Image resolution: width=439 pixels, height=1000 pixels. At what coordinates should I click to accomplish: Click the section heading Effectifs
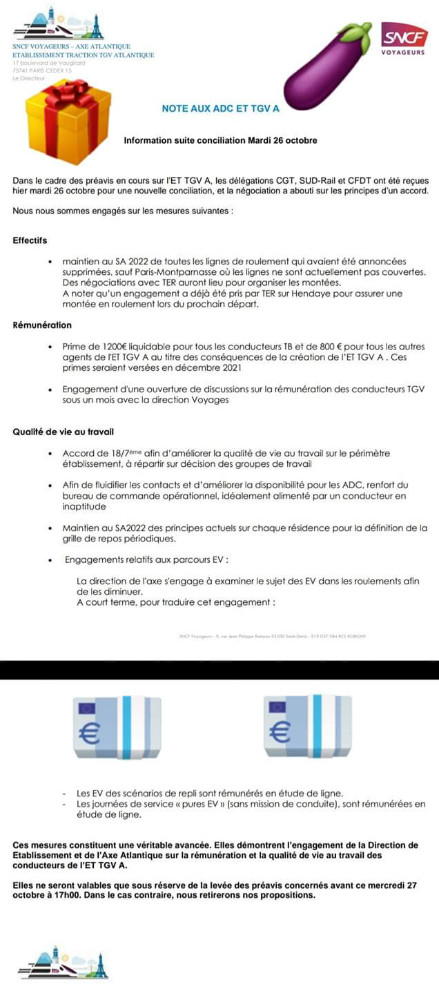(x=30, y=241)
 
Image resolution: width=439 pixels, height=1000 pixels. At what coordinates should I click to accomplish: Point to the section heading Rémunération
(x=42, y=325)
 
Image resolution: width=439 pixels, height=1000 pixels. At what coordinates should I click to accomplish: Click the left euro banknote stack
(x=117, y=727)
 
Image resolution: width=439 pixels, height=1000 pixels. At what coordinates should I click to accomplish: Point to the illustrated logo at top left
(x=58, y=24)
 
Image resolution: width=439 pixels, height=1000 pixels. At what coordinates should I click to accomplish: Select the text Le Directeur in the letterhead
(x=28, y=78)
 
